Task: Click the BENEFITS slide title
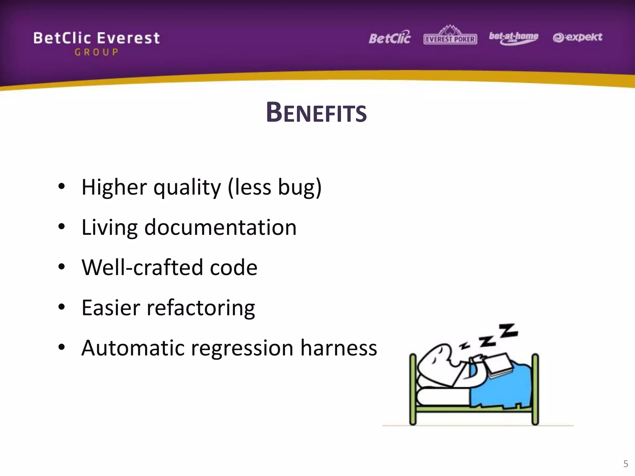point(316,112)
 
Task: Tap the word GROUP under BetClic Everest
point(96,52)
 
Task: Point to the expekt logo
point(577,37)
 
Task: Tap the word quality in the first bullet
point(187,187)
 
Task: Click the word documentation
point(220,227)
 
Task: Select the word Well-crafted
point(142,267)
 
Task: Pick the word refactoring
point(201,308)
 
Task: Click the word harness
point(338,348)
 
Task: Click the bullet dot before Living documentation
point(62,227)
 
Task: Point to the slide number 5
point(625,464)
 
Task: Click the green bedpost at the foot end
point(535,389)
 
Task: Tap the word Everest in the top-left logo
point(128,38)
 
